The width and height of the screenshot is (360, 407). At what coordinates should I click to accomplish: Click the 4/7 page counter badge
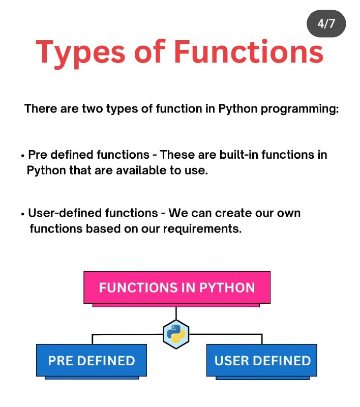pyautogui.click(x=326, y=23)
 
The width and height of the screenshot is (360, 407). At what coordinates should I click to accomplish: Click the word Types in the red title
pyautogui.click(x=81, y=53)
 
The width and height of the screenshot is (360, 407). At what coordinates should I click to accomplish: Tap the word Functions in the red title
pyautogui.click(x=249, y=51)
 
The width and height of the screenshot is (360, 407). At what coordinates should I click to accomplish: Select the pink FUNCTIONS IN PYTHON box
pyautogui.click(x=177, y=287)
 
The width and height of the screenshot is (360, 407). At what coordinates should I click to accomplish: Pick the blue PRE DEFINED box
pyautogui.click(x=92, y=360)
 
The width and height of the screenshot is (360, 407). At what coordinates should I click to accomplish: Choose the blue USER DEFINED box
pyautogui.click(x=262, y=360)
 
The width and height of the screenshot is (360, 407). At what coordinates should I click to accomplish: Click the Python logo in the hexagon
pyautogui.click(x=176, y=334)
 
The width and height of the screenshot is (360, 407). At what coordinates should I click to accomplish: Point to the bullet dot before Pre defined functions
pyautogui.click(x=23, y=156)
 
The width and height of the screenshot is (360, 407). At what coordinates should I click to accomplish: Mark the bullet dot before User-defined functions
pyautogui.click(x=23, y=214)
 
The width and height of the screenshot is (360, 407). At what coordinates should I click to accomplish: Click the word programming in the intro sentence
pyautogui.click(x=300, y=109)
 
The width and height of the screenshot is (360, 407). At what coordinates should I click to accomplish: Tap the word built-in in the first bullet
pyautogui.click(x=239, y=155)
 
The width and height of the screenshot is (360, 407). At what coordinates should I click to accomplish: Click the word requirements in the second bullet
pyautogui.click(x=202, y=229)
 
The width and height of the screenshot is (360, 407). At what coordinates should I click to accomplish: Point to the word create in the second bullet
pyautogui.click(x=233, y=213)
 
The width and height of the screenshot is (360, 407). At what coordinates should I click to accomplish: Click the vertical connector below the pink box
pyautogui.click(x=176, y=313)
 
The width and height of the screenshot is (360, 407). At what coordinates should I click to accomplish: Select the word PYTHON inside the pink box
pyautogui.click(x=227, y=287)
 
